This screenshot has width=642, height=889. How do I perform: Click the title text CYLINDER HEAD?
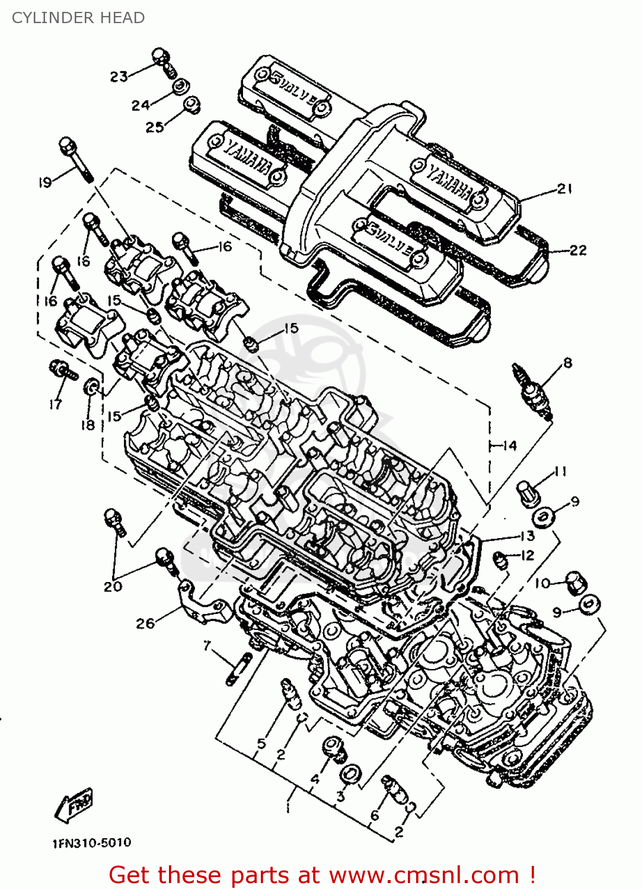(78, 18)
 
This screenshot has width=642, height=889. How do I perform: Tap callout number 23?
(119, 76)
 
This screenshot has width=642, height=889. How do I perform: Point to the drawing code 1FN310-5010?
(92, 843)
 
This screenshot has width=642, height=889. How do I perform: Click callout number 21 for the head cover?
(564, 189)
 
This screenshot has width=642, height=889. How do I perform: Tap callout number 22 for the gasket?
(577, 250)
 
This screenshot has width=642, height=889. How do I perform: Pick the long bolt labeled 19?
(75, 158)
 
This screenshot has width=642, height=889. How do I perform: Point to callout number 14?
(509, 445)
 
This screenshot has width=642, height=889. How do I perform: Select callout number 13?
(526, 536)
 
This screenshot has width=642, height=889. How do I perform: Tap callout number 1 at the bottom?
(288, 807)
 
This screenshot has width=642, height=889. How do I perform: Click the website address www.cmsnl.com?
(424, 875)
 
